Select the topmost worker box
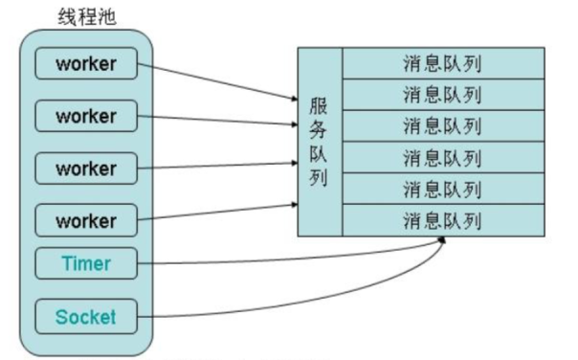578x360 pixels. [86, 65]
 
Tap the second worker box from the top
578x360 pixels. [86, 117]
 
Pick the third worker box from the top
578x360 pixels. [86, 169]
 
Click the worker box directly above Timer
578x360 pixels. [86, 221]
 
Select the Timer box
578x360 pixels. [86, 263]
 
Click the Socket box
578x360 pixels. [86, 316]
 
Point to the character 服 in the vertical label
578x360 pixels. [319, 106]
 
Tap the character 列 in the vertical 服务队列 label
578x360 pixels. [319, 178]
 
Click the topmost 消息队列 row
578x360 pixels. [442, 64]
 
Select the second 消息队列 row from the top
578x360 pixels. [442, 95]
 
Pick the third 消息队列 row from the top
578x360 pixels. [442, 126]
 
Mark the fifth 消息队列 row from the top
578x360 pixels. [442, 189]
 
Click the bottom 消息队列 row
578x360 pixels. [442, 220]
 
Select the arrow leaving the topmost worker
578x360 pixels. [215, 80]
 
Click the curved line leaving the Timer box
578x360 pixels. [287, 261]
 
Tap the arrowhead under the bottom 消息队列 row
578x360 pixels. [442, 241]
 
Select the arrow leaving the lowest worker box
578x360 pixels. [215, 213]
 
